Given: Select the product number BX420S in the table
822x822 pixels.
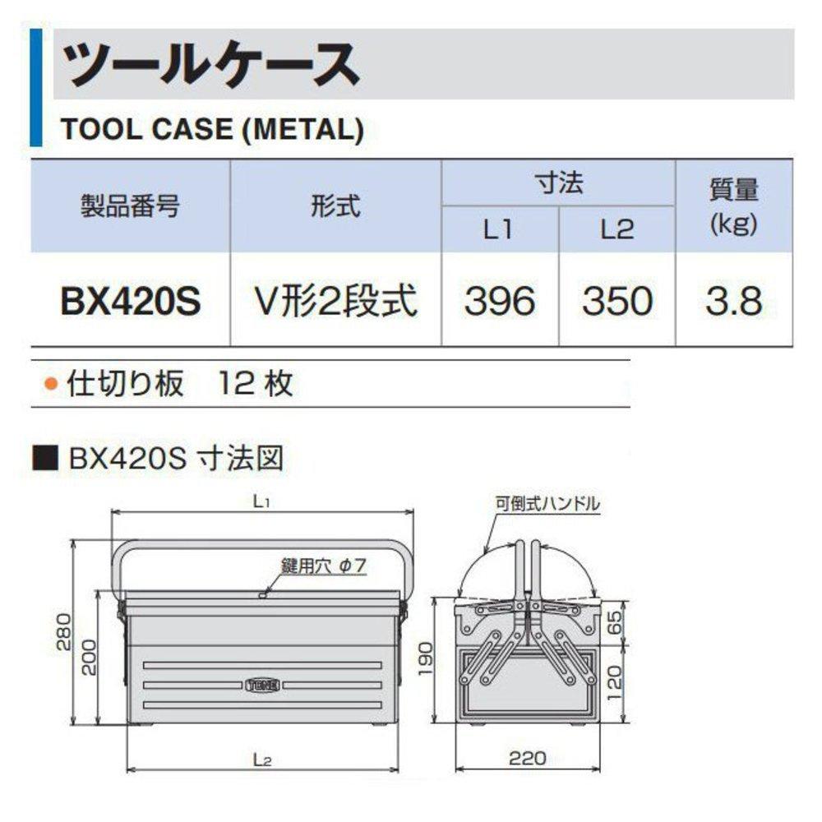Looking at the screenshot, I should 130,302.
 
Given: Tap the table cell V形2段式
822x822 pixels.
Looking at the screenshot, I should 335,302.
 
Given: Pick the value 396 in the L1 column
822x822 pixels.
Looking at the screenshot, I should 499,302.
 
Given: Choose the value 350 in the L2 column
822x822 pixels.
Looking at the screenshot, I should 617,302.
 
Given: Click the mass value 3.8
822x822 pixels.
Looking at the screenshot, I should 733,302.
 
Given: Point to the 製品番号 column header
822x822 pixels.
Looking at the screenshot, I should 130,205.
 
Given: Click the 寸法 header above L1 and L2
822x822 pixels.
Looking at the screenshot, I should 558,182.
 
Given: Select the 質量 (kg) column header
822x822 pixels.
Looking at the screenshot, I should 733,205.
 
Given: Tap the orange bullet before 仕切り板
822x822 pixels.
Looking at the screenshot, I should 52,383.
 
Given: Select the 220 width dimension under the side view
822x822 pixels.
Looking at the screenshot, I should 527,758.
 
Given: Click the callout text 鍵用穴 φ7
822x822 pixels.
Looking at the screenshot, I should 323,566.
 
